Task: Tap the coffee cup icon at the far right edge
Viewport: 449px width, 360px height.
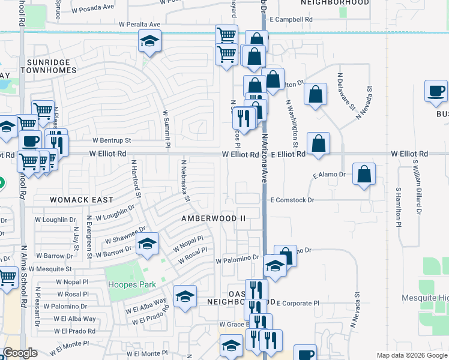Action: (x=436, y=91)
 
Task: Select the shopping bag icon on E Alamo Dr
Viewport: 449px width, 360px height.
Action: (x=364, y=174)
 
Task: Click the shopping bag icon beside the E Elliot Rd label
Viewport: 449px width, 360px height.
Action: (x=319, y=143)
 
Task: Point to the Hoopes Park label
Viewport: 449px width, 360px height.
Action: (x=130, y=284)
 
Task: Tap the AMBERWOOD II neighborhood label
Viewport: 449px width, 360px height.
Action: (x=214, y=218)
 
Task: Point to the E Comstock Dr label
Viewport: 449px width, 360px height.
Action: (x=292, y=200)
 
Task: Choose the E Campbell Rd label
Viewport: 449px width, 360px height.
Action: (x=291, y=20)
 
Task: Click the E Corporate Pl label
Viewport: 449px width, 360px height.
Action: (x=298, y=304)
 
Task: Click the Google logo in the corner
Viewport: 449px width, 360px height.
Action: (x=20, y=353)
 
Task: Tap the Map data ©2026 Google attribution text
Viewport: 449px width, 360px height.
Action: (x=411, y=355)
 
